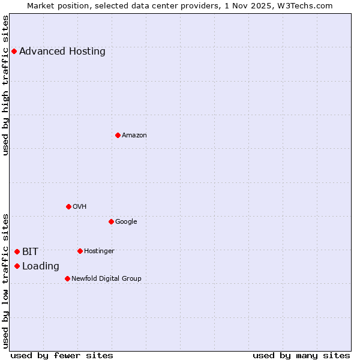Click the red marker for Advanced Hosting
[14, 51]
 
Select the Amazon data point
[118, 135]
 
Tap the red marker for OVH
[68, 206]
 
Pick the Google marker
[111, 221]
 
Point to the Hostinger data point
[80, 251]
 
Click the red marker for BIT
[17, 251]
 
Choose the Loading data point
[17, 266]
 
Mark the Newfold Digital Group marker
[67, 278]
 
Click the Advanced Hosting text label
[62, 51]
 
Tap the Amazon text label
[134, 135]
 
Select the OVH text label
[80, 206]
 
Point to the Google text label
[126, 221]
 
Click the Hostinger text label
[99, 251]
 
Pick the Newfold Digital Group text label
[106, 278]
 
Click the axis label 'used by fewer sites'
[62, 355]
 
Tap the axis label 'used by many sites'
[301, 355]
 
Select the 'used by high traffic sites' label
[5, 85]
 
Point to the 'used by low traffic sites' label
[5, 280]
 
